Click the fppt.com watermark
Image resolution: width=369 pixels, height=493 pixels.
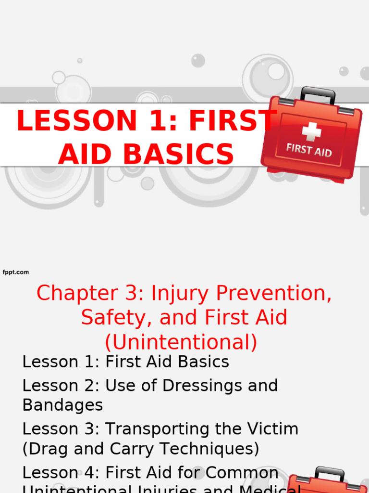point(16,272)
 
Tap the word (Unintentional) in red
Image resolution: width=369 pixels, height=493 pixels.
point(181,342)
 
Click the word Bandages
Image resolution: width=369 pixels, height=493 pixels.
point(62,405)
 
